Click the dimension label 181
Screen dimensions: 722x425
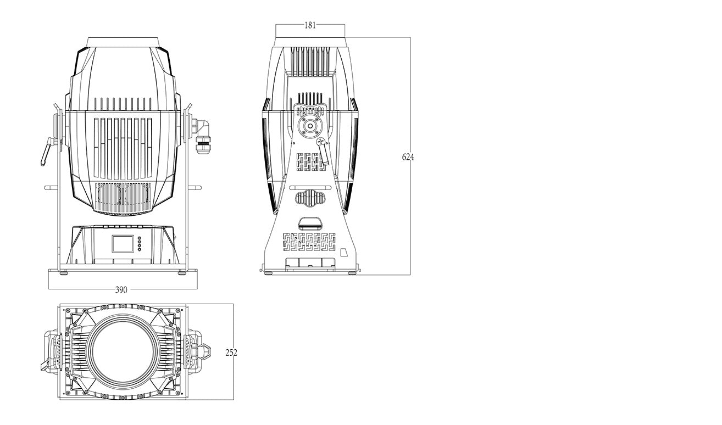point(310,25)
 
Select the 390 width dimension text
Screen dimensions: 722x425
point(121,290)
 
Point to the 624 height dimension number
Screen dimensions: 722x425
point(408,157)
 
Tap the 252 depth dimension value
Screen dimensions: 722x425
point(231,353)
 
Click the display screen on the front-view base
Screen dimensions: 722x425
point(123,244)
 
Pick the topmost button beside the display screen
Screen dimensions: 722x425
point(139,238)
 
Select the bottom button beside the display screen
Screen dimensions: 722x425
point(139,249)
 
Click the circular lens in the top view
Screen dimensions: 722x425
point(122,351)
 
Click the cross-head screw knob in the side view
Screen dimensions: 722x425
point(321,142)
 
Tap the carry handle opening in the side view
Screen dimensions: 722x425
point(310,223)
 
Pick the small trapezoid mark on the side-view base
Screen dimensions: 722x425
point(344,252)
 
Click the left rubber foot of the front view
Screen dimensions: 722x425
point(63,273)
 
